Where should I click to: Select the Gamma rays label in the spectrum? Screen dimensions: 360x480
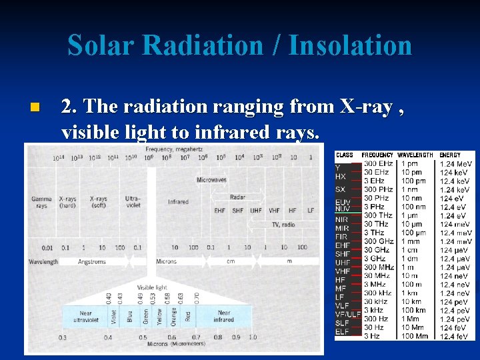[x=41, y=202]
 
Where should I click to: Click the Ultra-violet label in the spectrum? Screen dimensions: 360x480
[x=133, y=202]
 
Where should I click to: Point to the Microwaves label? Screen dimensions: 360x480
[x=211, y=180]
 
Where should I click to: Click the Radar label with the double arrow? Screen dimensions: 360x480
[x=237, y=197]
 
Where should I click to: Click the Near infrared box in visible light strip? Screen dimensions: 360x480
[x=223, y=316]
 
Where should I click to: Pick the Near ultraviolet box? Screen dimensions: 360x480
[x=86, y=316]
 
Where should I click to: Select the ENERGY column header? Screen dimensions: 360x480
[x=450, y=155]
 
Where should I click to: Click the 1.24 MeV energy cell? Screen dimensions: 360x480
[x=456, y=163]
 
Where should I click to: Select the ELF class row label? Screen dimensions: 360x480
[x=341, y=331]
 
